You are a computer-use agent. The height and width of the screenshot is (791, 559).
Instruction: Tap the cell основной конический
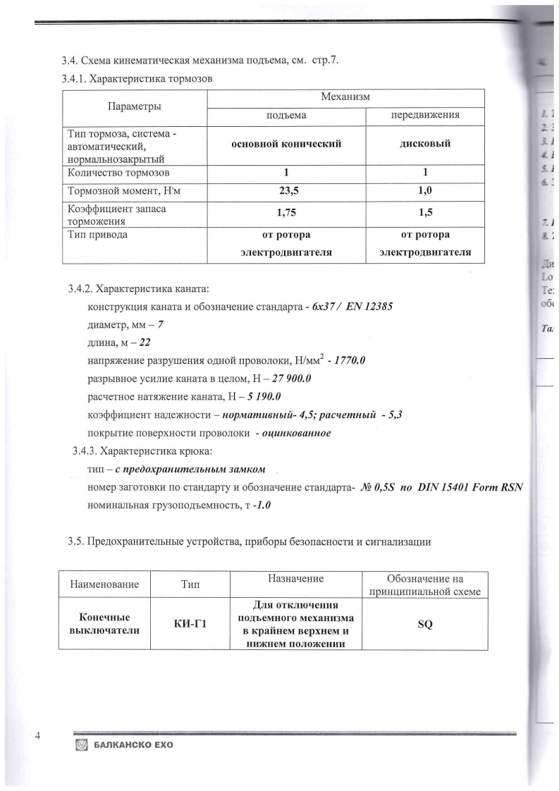pyautogui.click(x=287, y=144)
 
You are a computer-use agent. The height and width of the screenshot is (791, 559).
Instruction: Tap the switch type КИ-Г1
pyautogui.click(x=190, y=622)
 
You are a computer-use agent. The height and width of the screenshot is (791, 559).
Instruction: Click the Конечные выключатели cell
pyautogui.click(x=104, y=622)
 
